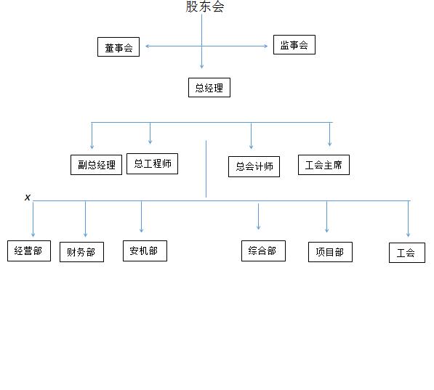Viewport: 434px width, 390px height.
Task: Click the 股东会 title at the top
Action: coord(205,7)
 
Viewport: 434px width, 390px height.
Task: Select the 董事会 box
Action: coord(118,47)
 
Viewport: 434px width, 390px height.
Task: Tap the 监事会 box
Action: coord(294,44)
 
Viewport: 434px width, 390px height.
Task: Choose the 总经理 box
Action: coord(209,88)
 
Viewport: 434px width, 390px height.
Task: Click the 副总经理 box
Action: coord(96,165)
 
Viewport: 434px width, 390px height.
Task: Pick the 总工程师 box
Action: coord(152,163)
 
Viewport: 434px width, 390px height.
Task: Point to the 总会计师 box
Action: coord(254,166)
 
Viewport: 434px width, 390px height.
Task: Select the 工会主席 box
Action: coord(324,165)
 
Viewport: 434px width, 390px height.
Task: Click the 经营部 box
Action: coord(29,251)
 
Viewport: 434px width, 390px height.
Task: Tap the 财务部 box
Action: coord(81,252)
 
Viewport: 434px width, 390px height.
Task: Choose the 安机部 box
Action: coord(145,251)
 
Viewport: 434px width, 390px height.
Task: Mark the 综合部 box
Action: coord(263,251)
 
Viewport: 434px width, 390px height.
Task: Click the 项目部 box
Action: coord(331,252)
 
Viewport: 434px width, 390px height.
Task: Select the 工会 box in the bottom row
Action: coord(407,253)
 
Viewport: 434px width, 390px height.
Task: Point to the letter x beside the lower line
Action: coord(28,198)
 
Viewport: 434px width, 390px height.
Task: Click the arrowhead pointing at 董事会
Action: coord(148,46)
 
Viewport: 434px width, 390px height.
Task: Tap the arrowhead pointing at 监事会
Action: coord(266,46)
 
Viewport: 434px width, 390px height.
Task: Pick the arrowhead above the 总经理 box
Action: coord(202,67)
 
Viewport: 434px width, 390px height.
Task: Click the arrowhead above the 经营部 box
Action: coord(33,235)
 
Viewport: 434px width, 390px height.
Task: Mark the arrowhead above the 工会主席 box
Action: coord(329,144)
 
